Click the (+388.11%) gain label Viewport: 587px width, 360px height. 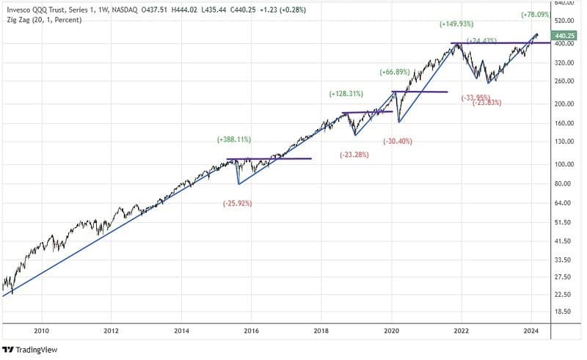tap(234, 139)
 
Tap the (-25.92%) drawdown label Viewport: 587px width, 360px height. tap(237, 203)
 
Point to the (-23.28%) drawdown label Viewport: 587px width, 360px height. tap(354, 155)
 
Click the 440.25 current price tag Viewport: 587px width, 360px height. tap(565, 35)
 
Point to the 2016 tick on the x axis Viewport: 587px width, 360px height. tap(251, 331)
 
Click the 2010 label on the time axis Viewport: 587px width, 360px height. tap(42, 331)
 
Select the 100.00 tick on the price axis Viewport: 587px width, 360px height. tap(564, 164)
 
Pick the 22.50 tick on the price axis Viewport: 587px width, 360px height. tap(563, 294)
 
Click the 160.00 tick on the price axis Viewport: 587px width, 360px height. tap(564, 123)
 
